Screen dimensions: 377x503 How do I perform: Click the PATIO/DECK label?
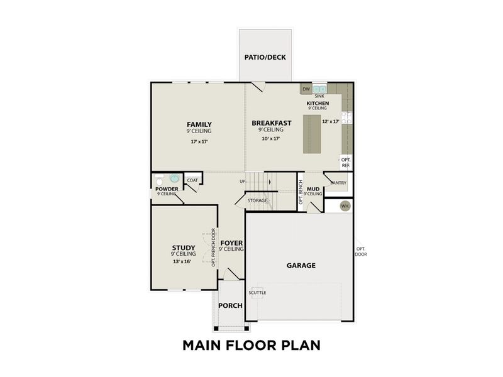pos(265,57)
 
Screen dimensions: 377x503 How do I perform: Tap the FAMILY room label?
pos(199,124)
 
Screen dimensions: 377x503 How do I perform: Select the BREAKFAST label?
pos(271,123)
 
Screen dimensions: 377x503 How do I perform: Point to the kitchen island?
pos(312,134)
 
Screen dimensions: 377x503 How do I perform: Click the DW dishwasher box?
pos(306,89)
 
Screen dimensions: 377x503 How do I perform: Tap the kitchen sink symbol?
pos(319,89)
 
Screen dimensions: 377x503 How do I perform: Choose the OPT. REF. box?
pos(346,161)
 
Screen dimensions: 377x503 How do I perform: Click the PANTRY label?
pos(338,183)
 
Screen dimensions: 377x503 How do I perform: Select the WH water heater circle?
pos(345,205)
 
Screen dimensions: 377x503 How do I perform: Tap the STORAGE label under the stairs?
pos(257,200)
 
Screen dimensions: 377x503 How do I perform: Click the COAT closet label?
pos(192,180)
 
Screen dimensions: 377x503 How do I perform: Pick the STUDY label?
pos(184,248)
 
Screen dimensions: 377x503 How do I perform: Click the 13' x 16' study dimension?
pos(182,261)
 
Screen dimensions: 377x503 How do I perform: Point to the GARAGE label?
pos(301,265)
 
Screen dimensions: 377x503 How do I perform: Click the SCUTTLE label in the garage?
pos(257,293)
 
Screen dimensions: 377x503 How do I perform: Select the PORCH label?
pos(230,305)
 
